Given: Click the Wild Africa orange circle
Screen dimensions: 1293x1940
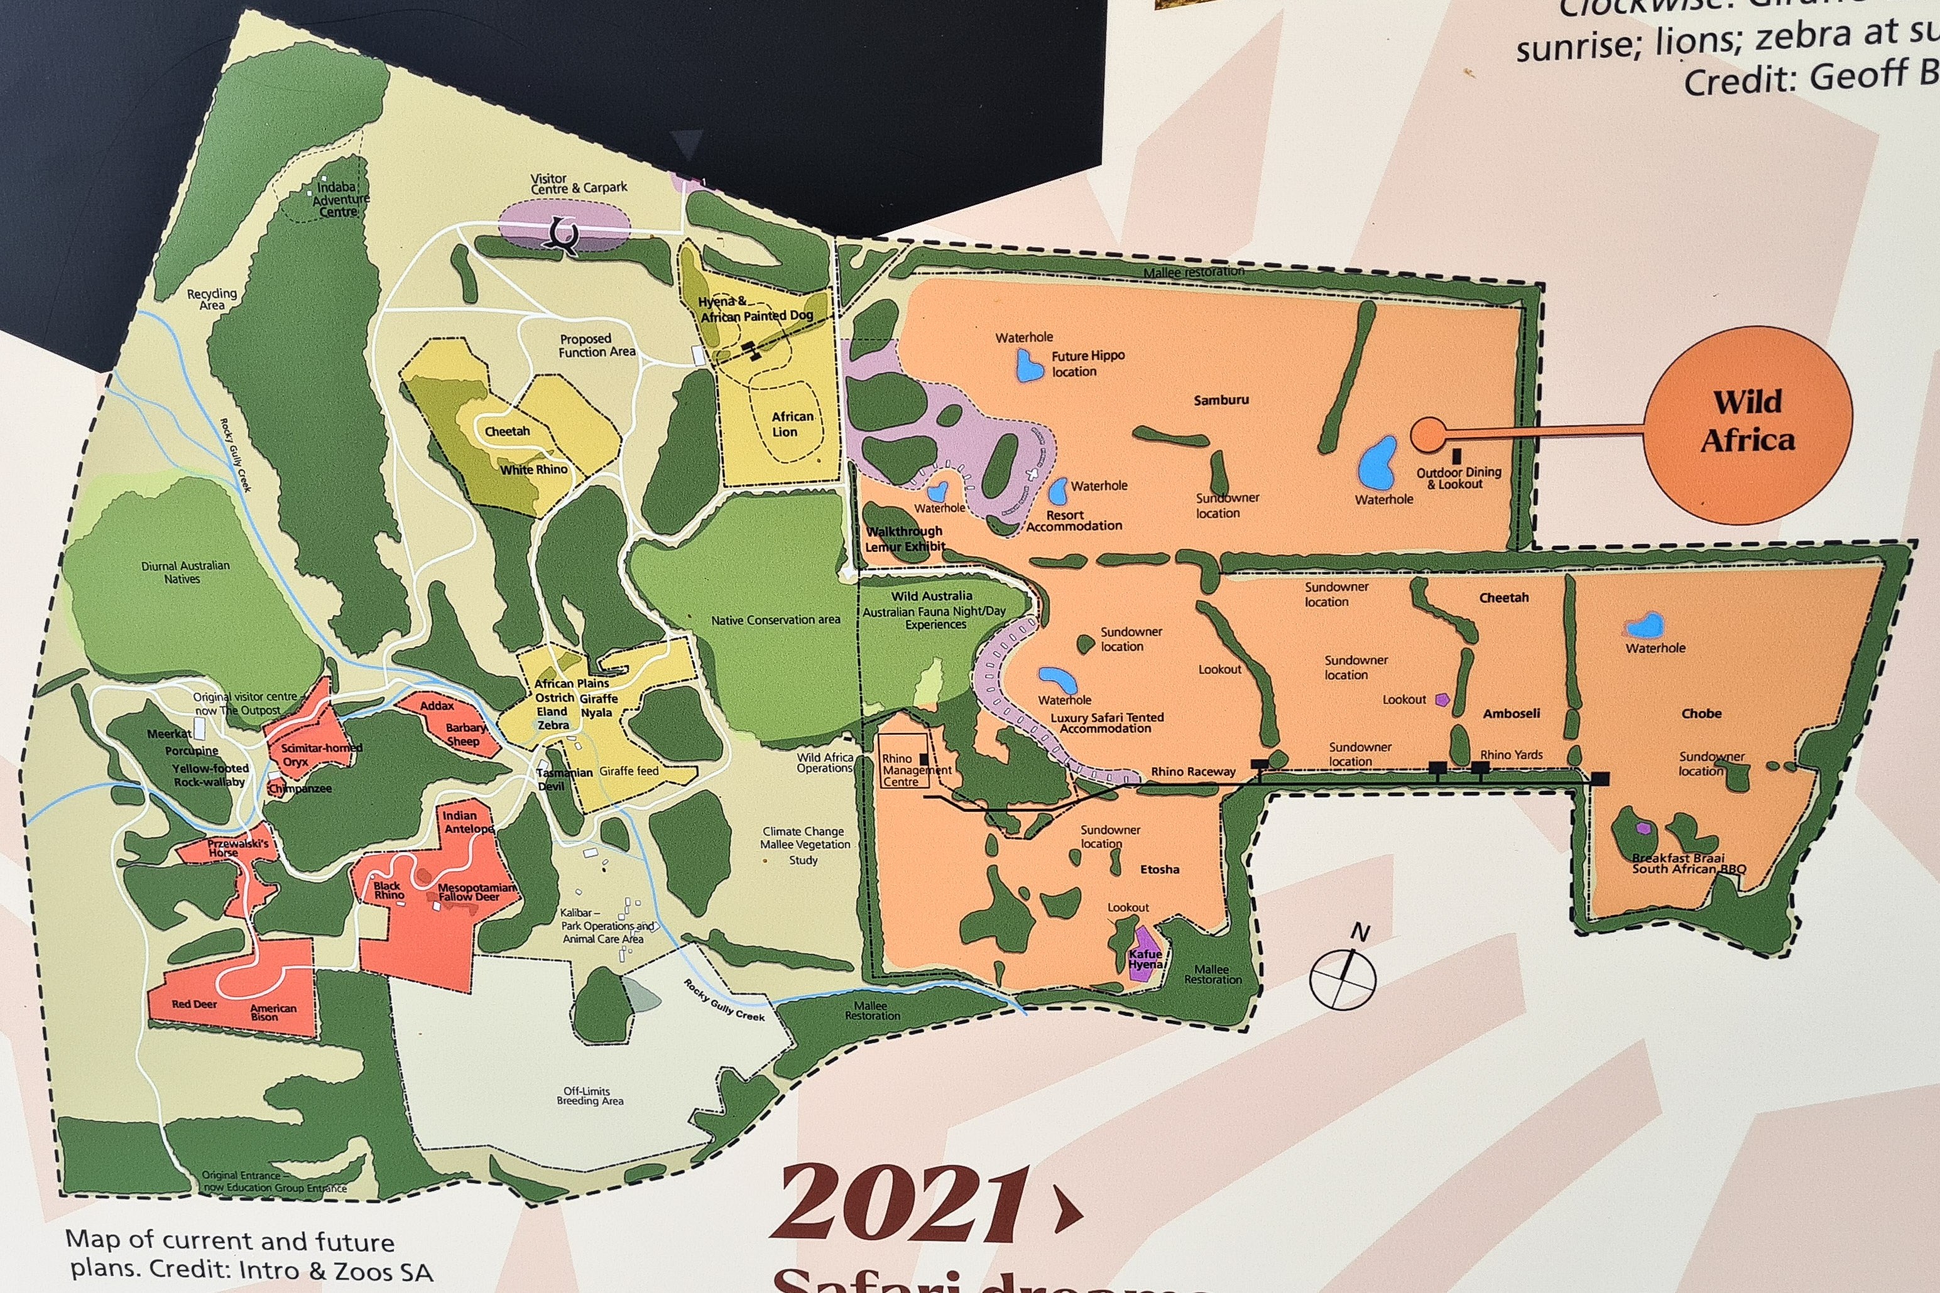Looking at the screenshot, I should pyautogui.click(x=1747, y=422).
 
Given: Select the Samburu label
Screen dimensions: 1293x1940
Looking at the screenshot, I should pyautogui.click(x=1221, y=401).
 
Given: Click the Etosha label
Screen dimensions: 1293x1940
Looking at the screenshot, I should pyautogui.click(x=1159, y=869).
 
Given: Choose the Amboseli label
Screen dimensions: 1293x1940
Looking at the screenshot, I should pyautogui.click(x=1511, y=714).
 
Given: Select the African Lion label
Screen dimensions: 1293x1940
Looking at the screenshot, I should pyautogui.click(x=792, y=424).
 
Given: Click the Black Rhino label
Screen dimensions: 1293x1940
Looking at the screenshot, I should pyautogui.click(x=388, y=890).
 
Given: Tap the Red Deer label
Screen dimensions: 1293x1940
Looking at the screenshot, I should pyautogui.click(x=194, y=1004).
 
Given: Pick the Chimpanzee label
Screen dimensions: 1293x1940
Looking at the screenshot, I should pyautogui.click(x=300, y=788).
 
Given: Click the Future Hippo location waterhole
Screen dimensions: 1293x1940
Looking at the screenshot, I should pyautogui.click(x=1028, y=365).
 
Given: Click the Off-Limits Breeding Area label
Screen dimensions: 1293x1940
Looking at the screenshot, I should pyautogui.click(x=589, y=1096).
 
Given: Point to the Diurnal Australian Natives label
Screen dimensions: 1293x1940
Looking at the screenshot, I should pyautogui.click(x=185, y=572).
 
